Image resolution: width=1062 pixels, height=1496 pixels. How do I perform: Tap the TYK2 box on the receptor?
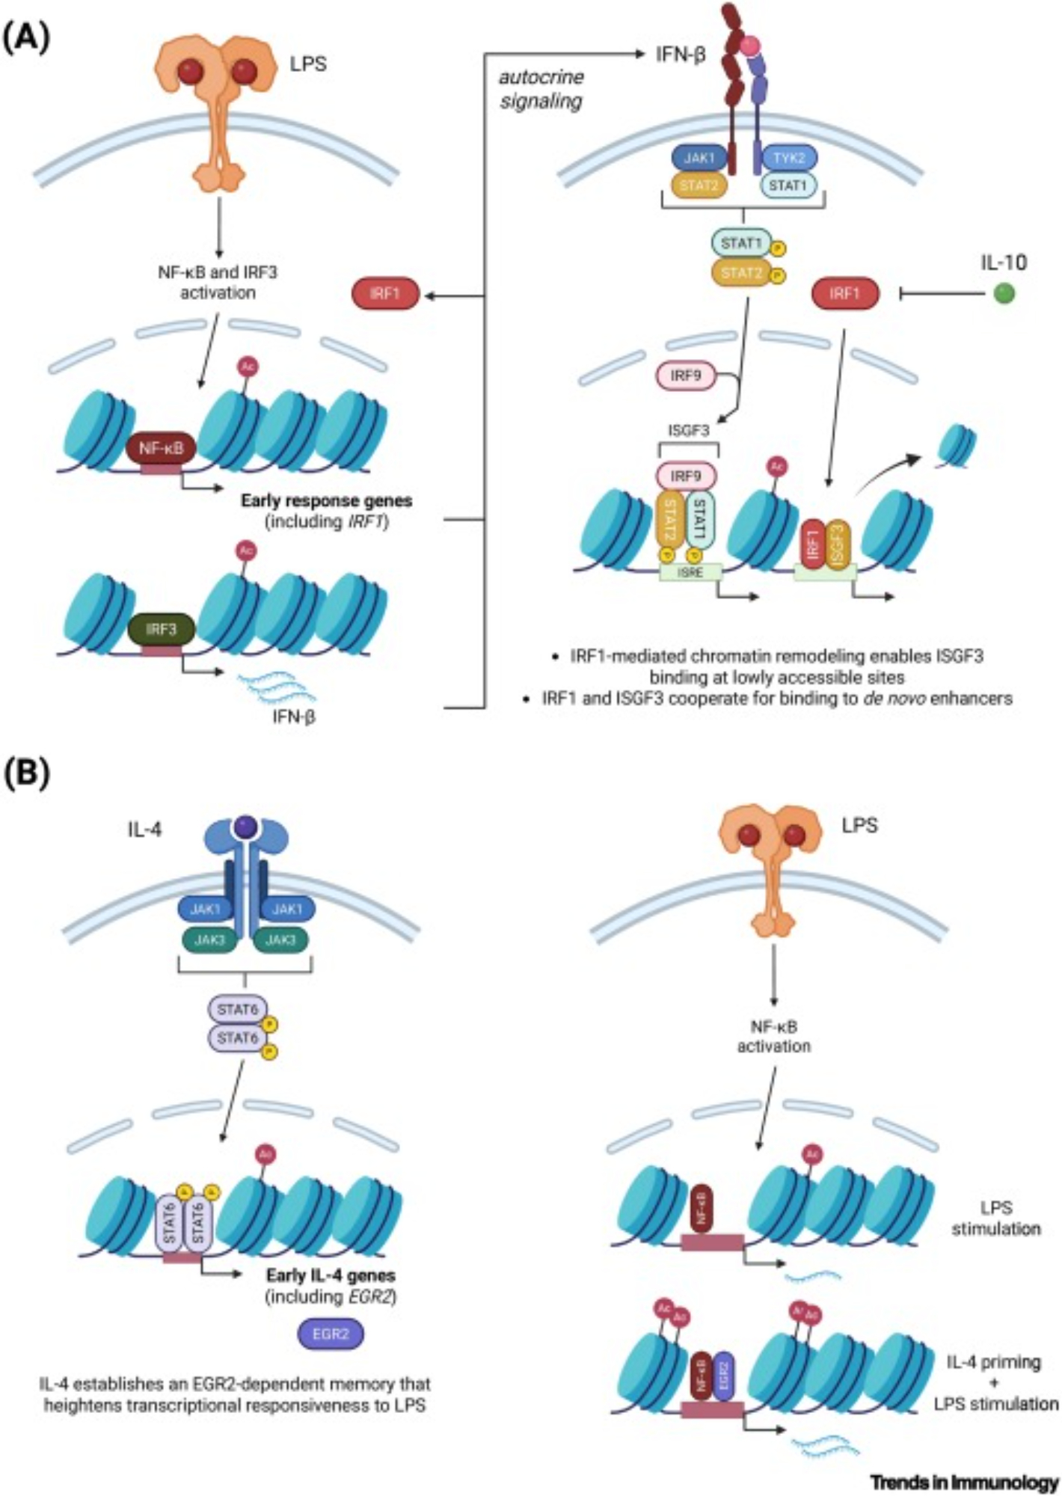coord(789,159)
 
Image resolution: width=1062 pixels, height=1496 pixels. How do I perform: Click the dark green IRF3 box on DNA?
coord(161,629)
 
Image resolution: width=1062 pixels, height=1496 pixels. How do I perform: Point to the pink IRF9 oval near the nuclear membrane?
coord(686,375)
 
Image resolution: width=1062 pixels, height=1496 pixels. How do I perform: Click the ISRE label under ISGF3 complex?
coord(690,573)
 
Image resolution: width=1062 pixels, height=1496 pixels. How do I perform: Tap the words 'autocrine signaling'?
coord(541,89)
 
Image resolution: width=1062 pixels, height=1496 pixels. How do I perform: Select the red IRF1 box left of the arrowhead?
coord(385,294)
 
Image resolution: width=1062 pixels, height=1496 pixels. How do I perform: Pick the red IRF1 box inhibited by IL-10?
coord(845,294)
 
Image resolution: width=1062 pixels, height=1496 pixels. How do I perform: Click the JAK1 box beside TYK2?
coord(699,159)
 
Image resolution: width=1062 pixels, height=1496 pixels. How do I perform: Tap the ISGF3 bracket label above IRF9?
coord(687,431)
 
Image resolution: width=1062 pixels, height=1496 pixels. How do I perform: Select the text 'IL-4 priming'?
coord(995,1362)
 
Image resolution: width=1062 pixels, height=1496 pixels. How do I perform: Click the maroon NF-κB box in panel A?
coord(162,448)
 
